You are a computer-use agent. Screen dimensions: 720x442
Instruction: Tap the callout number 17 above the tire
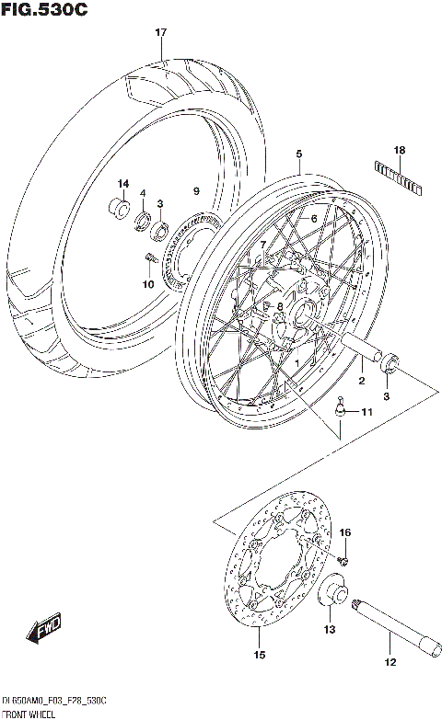160,33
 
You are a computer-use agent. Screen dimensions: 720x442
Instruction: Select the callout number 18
399,150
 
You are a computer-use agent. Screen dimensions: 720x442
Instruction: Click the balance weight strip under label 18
399,175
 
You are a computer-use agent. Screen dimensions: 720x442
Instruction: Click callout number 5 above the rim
298,155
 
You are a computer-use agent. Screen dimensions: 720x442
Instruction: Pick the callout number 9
194,190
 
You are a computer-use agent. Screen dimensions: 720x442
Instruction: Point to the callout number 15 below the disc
260,656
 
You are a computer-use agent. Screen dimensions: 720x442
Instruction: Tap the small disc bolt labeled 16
343,556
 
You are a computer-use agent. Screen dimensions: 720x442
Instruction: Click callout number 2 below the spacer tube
362,380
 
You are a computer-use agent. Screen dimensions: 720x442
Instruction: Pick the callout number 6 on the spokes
313,218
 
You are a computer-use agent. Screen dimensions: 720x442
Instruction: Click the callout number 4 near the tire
143,193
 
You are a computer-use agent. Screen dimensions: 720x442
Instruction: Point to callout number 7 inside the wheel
262,246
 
